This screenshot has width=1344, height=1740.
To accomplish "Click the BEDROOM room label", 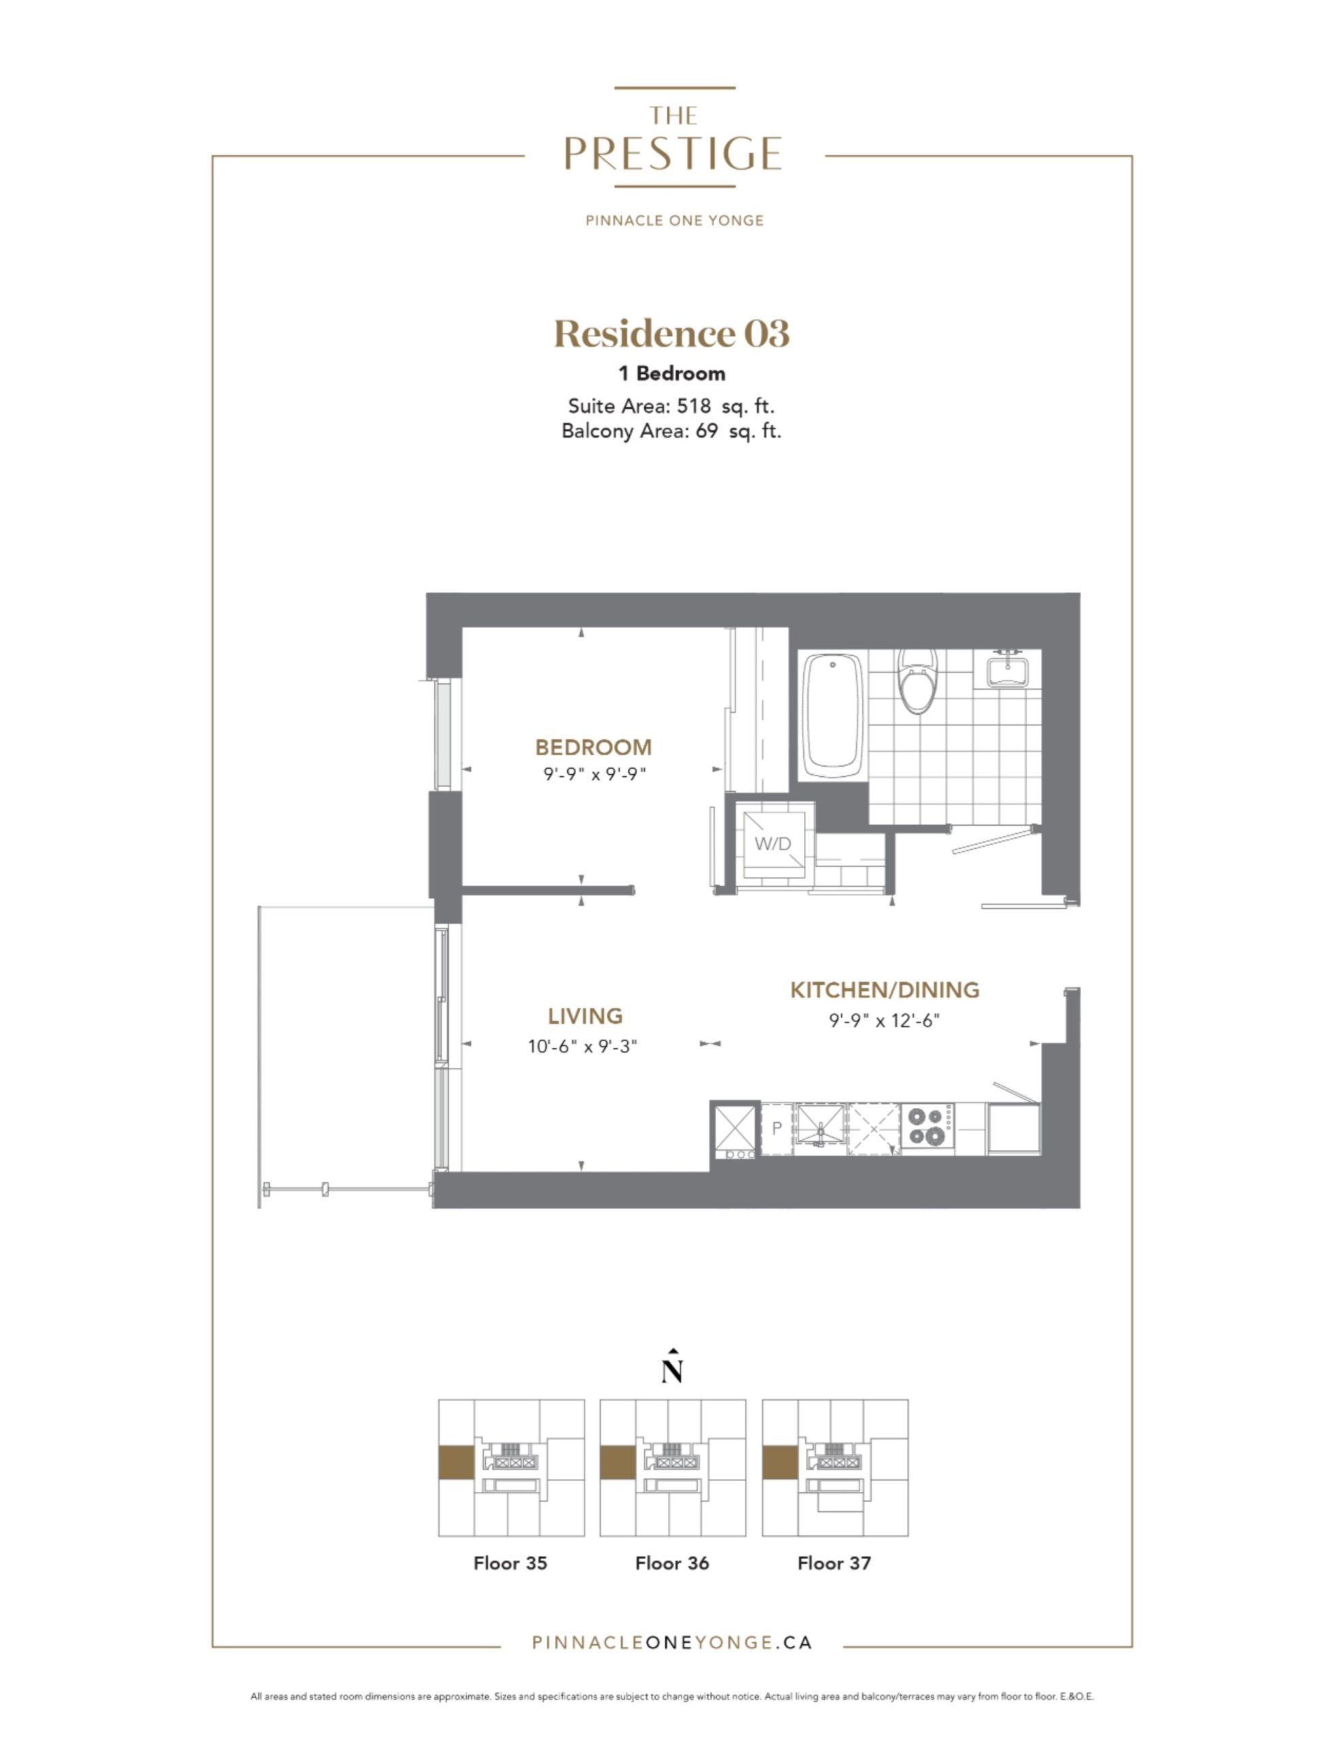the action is tap(593, 747).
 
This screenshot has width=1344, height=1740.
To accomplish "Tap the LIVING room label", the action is tap(585, 1016).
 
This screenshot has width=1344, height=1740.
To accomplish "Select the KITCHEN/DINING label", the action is tap(884, 990).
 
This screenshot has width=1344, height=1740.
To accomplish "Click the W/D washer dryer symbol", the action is tap(773, 843).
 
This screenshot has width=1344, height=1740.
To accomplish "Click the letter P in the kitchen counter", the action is tap(777, 1128).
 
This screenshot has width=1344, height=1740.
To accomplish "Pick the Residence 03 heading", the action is tap(671, 333).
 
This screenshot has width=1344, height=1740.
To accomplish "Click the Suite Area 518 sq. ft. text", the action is tap(671, 406).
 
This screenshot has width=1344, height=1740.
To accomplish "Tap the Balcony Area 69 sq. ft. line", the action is tap(671, 431).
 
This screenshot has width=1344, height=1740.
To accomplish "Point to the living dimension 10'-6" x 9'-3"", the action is tap(582, 1046).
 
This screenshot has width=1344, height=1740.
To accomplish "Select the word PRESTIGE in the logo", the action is tap(673, 154).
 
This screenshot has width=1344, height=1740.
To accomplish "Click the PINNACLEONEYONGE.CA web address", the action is tap(671, 1642).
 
